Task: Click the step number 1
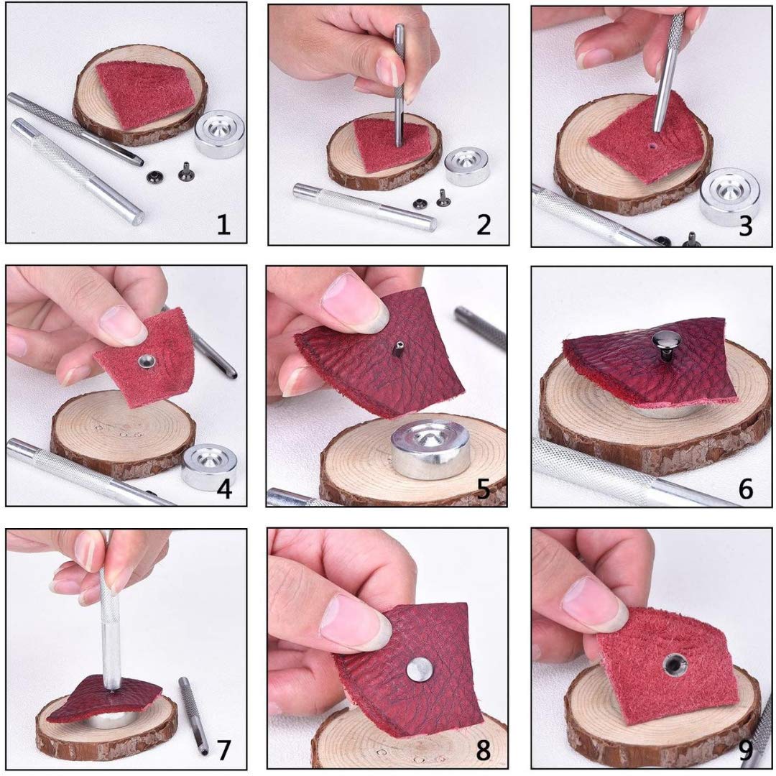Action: click(x=223, y=225)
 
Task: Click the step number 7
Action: click(x=223, y=750)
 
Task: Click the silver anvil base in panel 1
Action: click(x=219, y=134)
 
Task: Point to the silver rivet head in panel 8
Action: click(x=419, y=669)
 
